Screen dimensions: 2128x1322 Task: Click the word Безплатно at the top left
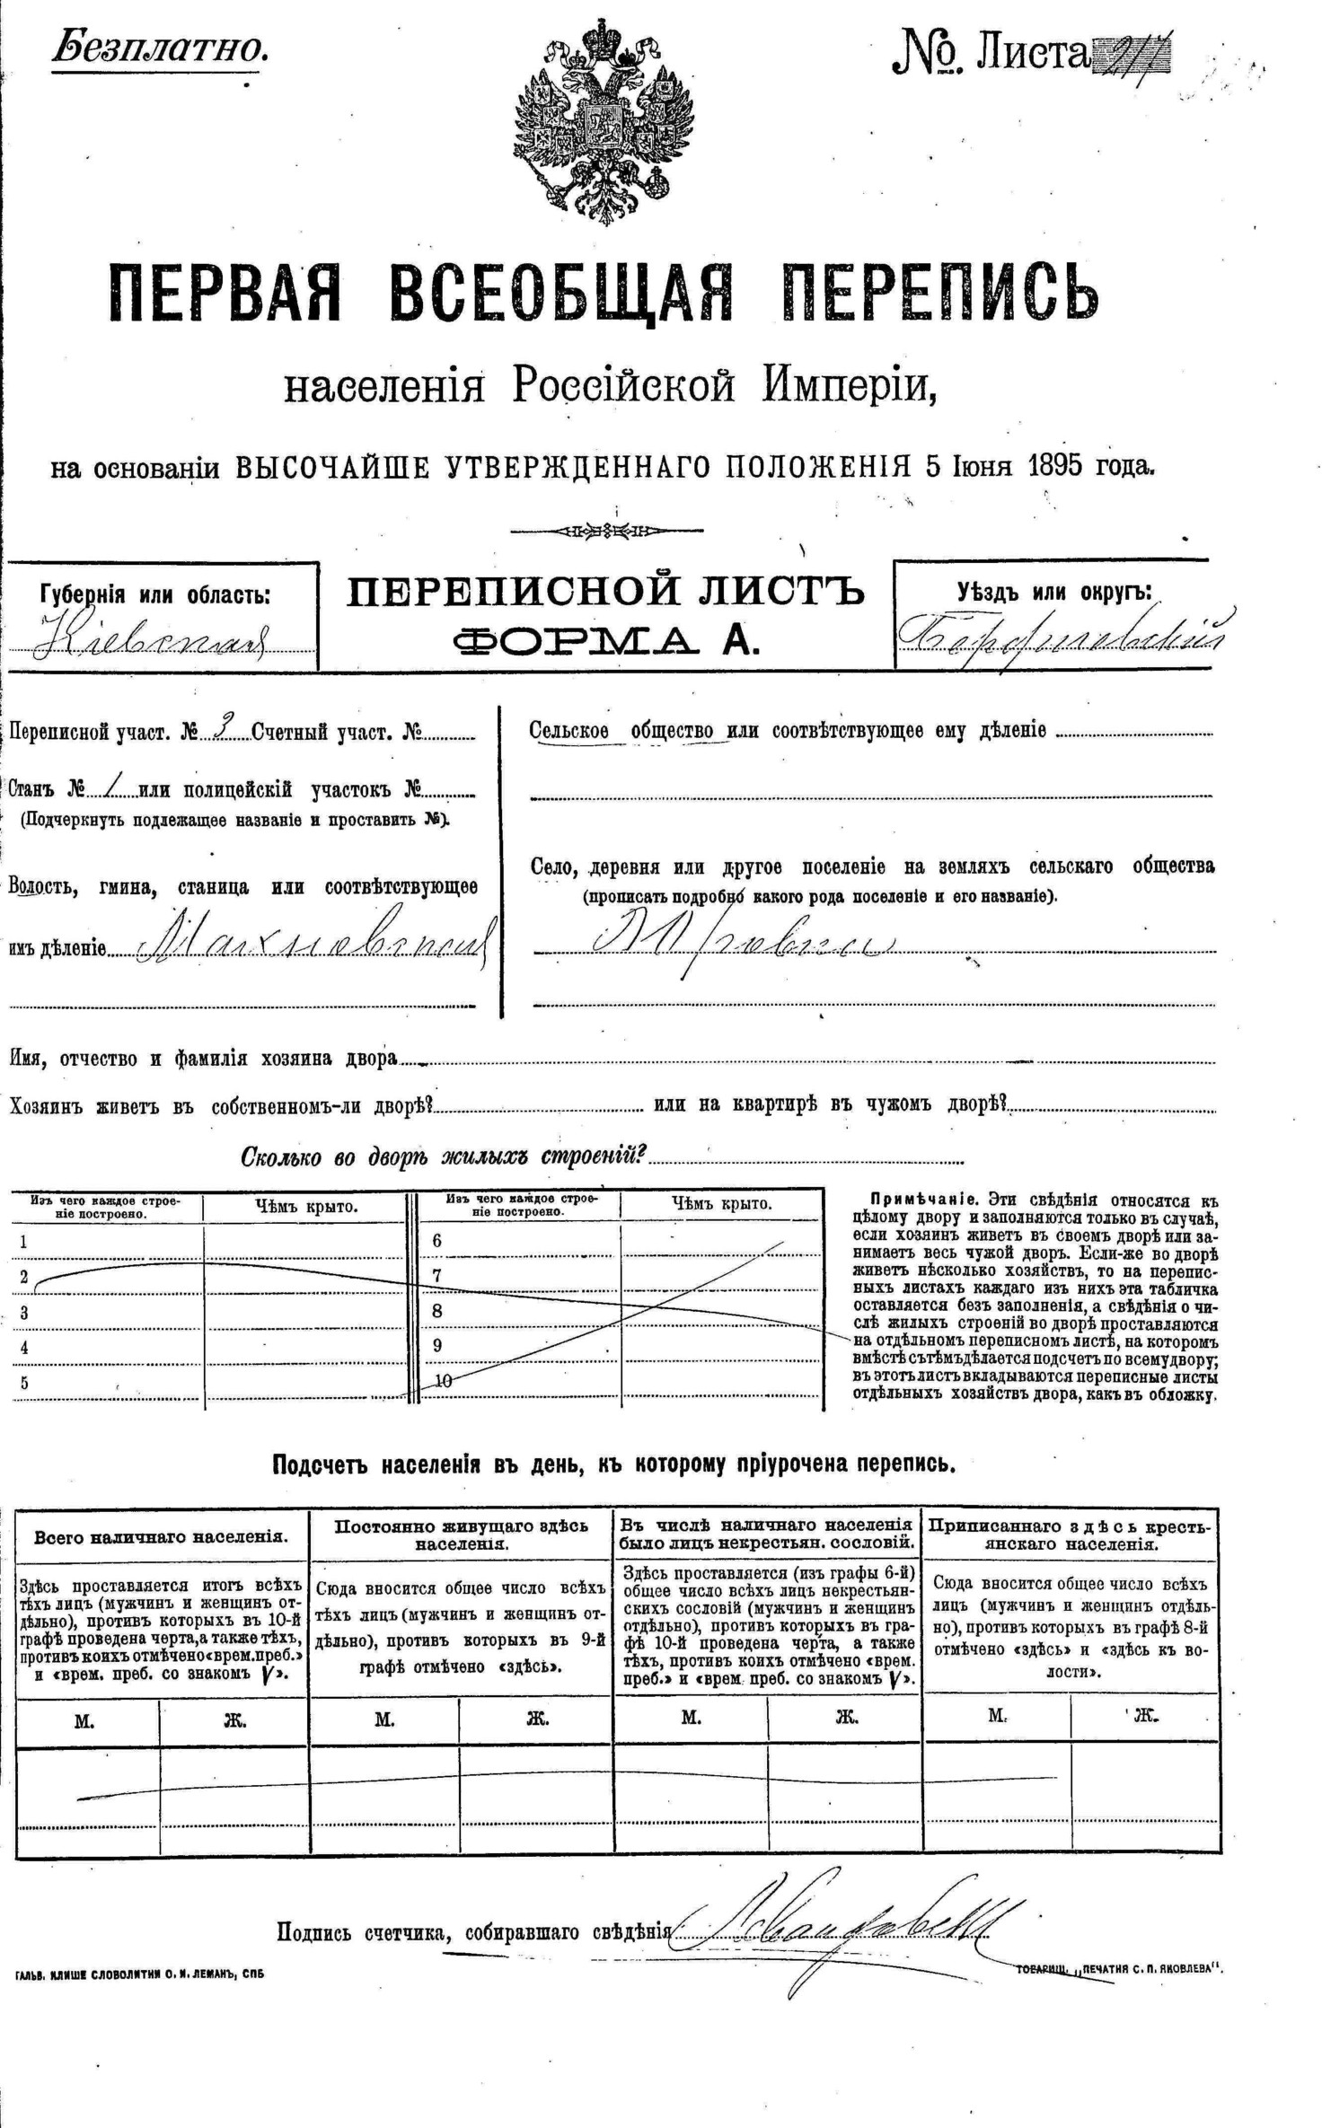[x=161, y=48]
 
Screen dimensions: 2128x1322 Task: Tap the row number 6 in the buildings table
[x=437, y=1241]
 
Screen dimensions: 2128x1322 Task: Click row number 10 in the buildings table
[x=443, y=1382]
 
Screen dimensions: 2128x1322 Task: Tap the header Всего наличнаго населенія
[x=162, y=1536]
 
